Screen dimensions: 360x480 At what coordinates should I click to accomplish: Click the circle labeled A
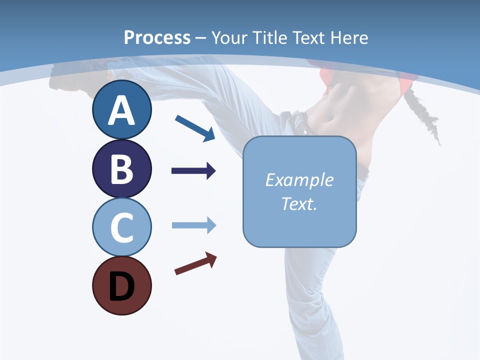click(x=121, y=110)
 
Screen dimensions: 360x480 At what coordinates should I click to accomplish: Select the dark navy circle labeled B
click(x=121, y=168)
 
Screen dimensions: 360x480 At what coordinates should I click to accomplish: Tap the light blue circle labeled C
click(x=121, y=227)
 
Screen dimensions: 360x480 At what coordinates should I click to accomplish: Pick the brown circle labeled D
click(x=121, y=285)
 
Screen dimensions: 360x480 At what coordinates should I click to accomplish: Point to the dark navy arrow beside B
click(x=193, y=171)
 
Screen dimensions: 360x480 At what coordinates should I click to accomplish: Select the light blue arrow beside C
click(x=193, y=225)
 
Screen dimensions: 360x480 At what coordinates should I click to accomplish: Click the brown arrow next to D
click(x=195, y=263)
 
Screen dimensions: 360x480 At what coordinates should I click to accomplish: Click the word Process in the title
click(x=157, y=37)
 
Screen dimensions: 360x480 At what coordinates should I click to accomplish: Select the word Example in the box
click(x=299, y=180)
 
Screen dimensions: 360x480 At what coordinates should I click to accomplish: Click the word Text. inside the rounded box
click(x=299, y=203)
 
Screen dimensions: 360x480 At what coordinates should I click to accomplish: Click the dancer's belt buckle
click(x=300, y=120)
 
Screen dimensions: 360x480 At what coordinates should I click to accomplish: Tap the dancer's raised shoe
click(x=75, y=75)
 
